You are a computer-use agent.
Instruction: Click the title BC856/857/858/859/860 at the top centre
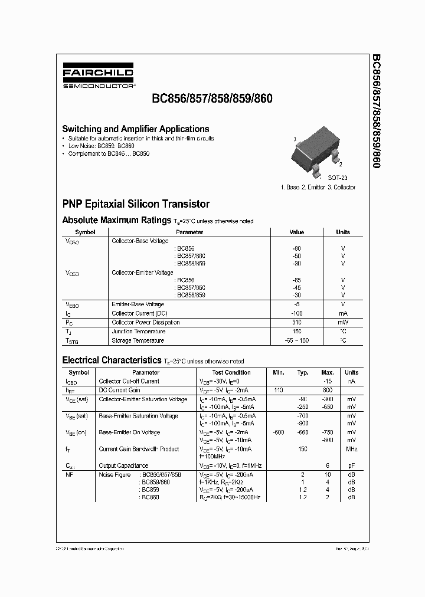221,99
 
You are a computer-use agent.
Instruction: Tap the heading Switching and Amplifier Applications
136,129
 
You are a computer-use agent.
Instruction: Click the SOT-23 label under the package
337,177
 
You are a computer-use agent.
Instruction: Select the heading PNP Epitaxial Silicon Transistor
136,204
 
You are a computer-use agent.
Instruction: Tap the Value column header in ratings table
296,232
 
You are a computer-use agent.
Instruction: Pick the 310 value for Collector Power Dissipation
296,323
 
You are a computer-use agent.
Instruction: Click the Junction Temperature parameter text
138,332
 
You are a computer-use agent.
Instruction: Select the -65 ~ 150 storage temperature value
296,340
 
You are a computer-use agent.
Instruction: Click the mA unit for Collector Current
342,313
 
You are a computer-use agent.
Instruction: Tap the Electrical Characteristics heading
112,360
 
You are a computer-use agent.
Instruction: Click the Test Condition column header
231,372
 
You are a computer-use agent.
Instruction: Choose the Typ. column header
303,372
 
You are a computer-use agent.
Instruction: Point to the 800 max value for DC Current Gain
328,391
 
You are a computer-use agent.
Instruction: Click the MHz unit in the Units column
351,449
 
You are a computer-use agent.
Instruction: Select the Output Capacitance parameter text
123,466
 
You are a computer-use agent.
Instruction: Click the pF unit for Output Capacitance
351,466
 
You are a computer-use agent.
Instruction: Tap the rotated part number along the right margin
376,112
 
